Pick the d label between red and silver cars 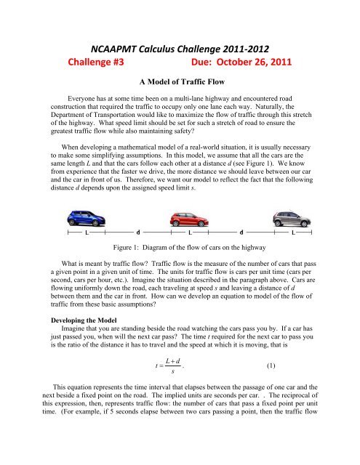point(241,233)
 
